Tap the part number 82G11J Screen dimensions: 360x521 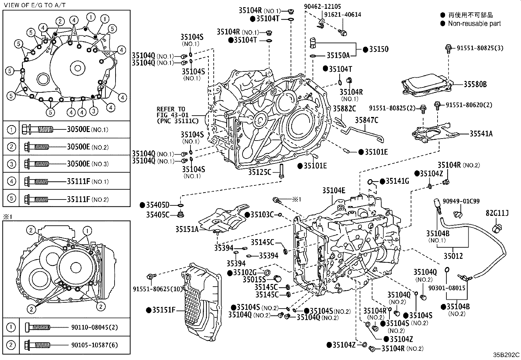click(497, 214)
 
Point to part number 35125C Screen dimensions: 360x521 click(260, 172)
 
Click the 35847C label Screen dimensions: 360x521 click(367, 120)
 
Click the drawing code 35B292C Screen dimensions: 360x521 click(506, 355)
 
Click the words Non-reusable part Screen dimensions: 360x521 click(474, 24)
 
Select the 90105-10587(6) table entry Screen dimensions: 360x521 click(95, 345)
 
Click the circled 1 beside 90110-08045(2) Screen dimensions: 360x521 click(11, 327)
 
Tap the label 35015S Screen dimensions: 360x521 click(254, 279)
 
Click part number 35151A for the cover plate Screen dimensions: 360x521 click(187, 229)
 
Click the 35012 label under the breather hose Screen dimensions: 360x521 click(453, 256)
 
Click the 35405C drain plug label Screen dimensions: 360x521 click(158, 215)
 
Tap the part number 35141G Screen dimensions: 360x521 click(397, 181)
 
